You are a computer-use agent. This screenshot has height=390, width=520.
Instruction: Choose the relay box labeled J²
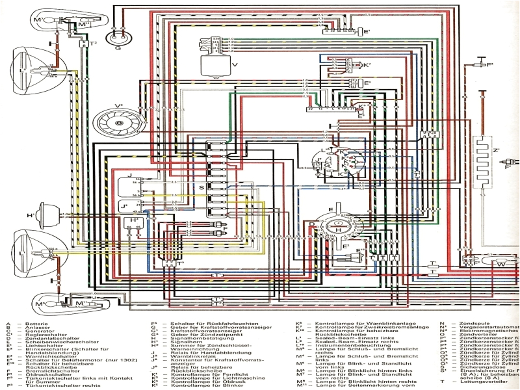(x=135, y=208)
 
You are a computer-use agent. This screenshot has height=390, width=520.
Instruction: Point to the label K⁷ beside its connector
(x=367, y=66)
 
